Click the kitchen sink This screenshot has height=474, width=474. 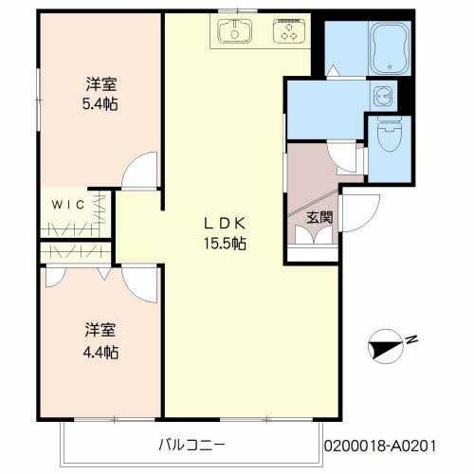[232, 33]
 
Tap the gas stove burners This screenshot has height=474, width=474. [286, 33]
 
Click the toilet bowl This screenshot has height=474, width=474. [389, 138]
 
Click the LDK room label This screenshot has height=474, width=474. [227, 224]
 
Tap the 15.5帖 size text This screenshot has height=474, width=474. [227, 243]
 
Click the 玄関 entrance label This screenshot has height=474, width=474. [319, 217]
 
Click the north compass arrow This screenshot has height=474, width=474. [387, 347]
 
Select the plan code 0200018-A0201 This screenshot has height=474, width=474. [395, 444]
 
